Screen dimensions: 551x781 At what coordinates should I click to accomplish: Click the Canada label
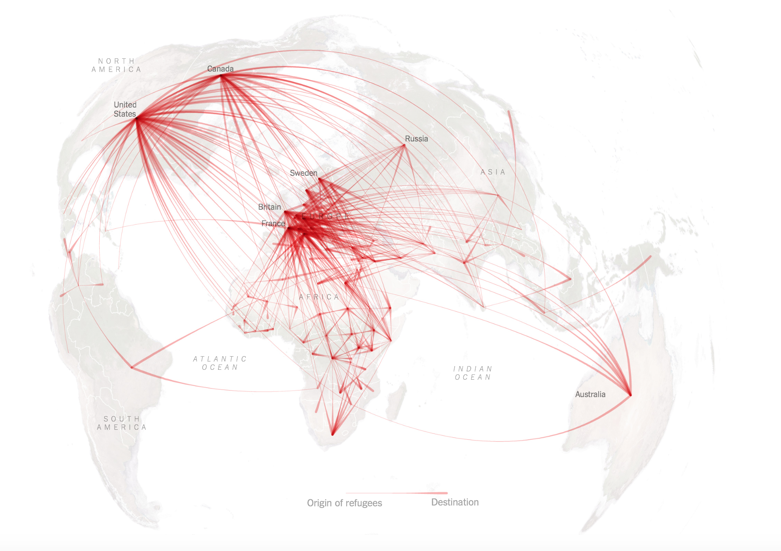[x=220, y=69]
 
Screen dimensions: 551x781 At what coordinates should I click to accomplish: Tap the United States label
[x=125, y=109]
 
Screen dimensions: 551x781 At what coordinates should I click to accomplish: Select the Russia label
[x=416, y=139]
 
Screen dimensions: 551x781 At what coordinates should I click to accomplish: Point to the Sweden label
[x=303, y=173]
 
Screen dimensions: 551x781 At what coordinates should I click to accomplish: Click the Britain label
[x=269, y=207]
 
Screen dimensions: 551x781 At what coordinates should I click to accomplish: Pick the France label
[x=273, y=223]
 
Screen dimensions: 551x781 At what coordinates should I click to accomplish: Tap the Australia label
[x=590, y=394]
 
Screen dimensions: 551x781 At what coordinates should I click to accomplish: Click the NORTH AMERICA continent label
[x=116, y=65]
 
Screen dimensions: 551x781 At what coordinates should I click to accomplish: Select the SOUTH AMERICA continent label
[x=122, y=423]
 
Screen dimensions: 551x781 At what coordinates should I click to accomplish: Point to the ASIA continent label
[x=493, y=172]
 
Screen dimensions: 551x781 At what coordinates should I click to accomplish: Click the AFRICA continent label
[x=319, y=297]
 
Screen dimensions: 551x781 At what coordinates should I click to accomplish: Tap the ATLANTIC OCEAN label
[x=220, y=363]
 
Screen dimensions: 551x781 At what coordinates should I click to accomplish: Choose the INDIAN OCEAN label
[x=473, y=373]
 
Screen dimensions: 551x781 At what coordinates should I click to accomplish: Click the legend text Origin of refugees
[x=344, y=503]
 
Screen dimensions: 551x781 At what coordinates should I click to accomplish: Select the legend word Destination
[x=455, y=502]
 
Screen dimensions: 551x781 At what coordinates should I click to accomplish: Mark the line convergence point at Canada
[x=222, y=75]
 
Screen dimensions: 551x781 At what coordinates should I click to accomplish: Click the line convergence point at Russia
[x=404, y=145]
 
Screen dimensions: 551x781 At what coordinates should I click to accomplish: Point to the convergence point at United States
[x=137, y=118]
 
